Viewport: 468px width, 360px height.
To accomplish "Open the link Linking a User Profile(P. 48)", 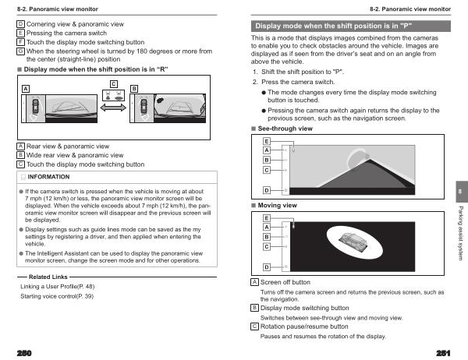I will coord(62,287).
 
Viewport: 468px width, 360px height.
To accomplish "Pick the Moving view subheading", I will coord(278,205).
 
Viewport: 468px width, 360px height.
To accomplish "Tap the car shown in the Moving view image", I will coord(353,238).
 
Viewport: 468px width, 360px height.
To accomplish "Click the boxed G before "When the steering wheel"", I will coord(20,51).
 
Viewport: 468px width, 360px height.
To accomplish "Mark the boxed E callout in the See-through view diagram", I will coord(267,140).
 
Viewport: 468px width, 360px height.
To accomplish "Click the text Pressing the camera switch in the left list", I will coord(71,34).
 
